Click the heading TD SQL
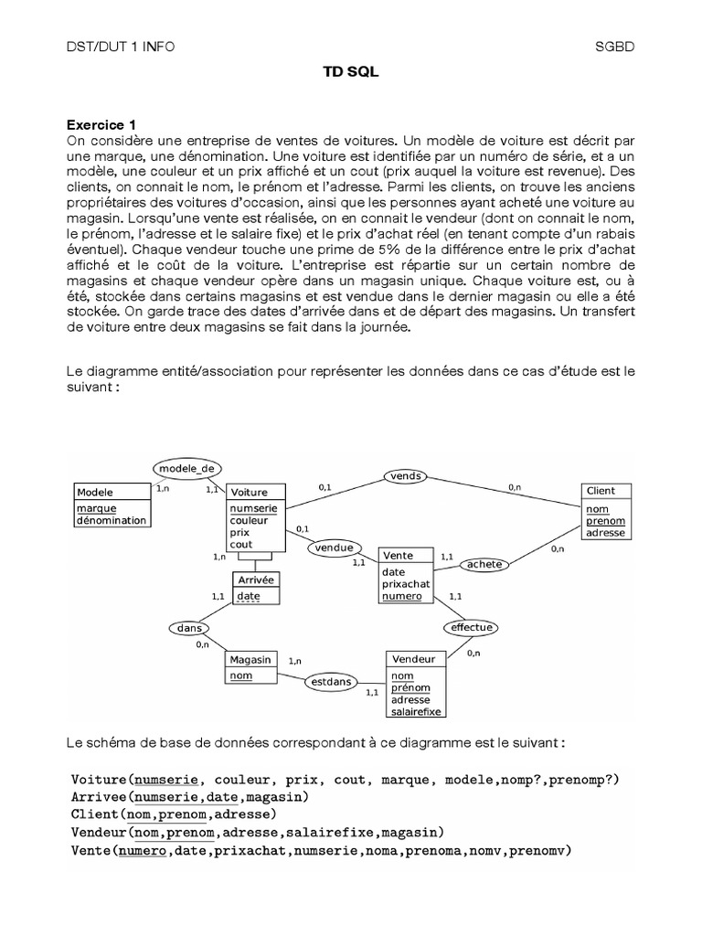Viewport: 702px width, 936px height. [x=351, y=79]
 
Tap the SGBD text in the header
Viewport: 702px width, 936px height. [x=614, y=45]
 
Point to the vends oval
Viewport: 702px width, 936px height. [x=404, y=475]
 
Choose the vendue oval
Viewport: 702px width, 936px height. [x=334, y=548]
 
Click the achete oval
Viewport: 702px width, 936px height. [x=484, y=564]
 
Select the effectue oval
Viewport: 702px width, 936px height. [x=472, y=627]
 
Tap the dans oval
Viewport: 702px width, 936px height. [x=190, y=628]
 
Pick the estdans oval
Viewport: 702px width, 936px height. [x=332, y=680]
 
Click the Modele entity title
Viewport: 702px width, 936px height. [x=95, y=491]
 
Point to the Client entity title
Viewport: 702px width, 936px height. [x=601, y=491]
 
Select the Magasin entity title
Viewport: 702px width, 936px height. [x=250, y=659]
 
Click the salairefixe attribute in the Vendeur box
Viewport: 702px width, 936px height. [x=417, y=711]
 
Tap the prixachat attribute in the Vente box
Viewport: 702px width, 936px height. [x=406, y=584]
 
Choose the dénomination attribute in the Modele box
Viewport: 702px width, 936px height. [x=111, y=520]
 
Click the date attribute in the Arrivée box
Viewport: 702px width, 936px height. [x=249, y=596]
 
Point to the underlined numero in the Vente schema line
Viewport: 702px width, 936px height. [x=142, y=851]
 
